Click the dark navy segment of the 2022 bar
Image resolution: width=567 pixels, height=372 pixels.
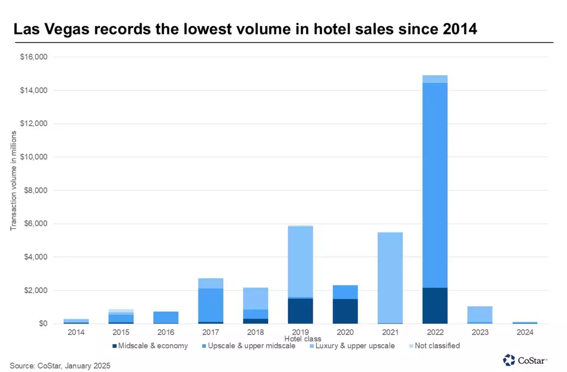pyautogui.click(x=435, y=306)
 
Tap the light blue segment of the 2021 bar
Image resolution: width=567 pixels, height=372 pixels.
pyautogui.click(x=390, y=278)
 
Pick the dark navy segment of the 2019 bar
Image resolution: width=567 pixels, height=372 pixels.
pyautogui.click(x=300, y=311)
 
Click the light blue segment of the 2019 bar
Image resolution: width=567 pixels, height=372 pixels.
pyautogui.click(x=300, y=261)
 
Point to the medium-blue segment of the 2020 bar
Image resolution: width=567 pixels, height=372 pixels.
pyautogui.click(x=345, y=292)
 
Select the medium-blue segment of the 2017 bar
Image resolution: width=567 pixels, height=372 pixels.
pyautogui.click(x=211, y=305)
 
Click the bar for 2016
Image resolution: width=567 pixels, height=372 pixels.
pyautogui.click(x=166, y=318)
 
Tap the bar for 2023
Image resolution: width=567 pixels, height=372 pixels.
pyautogui.click(x=479, y=314)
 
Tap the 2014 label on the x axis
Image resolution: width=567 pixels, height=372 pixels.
pyautogui.click(x=77, y=332)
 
